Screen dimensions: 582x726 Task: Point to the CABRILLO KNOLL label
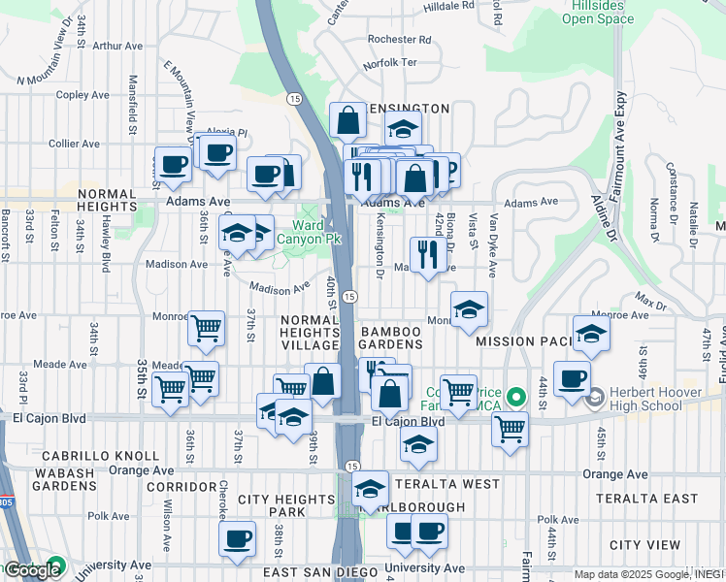pyautogui.click(x=100, y=455)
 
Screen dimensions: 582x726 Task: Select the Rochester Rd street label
pyautogui.click(x=399, y=40)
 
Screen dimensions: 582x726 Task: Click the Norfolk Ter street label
pyautogui.click(x=389, y=63)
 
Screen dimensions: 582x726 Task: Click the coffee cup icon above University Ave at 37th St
pyautogui.click(x=236, y=539)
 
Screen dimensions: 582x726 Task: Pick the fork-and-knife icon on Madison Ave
pyautogui.click(x=427, y=255)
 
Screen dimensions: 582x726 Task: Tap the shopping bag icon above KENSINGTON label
pyautogui.click(x=347, y=121)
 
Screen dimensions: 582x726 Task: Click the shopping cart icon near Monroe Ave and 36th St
pyautogui.click(x=206, y=330)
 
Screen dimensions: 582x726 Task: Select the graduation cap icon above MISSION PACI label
pyautogui.click(x=590, y=334)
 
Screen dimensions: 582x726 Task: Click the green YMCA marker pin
pyautogui.click(x=516, y=397)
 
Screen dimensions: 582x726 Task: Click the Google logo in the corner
pyautogui.click(x=32, y=570)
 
